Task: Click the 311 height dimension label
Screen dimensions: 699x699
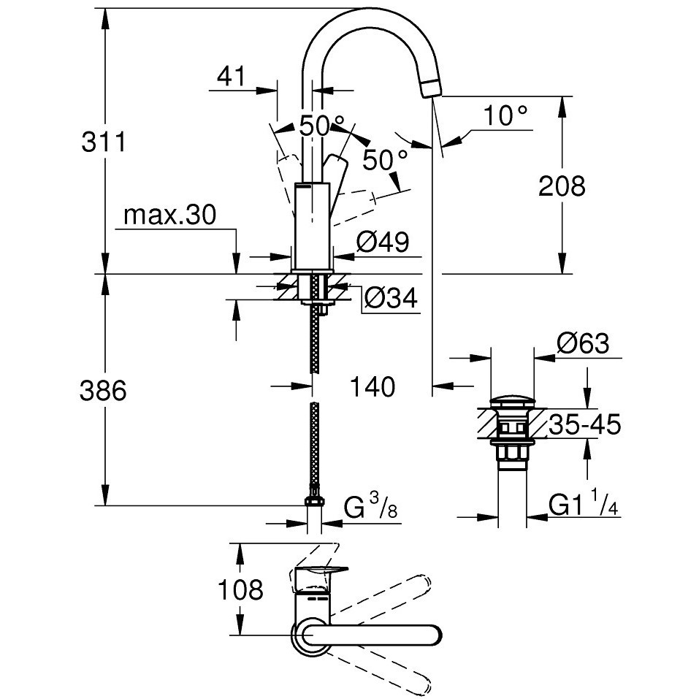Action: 104,142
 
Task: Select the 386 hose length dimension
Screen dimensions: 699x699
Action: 103,391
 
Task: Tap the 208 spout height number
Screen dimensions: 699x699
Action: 562,186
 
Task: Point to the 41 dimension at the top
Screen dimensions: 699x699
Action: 231,76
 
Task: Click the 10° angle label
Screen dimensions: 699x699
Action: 505,116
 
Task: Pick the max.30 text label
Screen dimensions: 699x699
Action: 170,215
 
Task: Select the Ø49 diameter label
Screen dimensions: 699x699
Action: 383,242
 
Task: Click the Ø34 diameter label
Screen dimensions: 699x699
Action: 391,298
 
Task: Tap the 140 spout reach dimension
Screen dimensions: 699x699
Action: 373,386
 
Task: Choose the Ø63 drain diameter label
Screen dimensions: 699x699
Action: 583,344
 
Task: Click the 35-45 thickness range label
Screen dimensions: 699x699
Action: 584,424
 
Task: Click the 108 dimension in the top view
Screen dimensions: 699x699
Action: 241,589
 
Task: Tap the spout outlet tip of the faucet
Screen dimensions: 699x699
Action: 431,88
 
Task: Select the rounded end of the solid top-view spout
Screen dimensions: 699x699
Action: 433,634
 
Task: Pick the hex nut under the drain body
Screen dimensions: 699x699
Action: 512,454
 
